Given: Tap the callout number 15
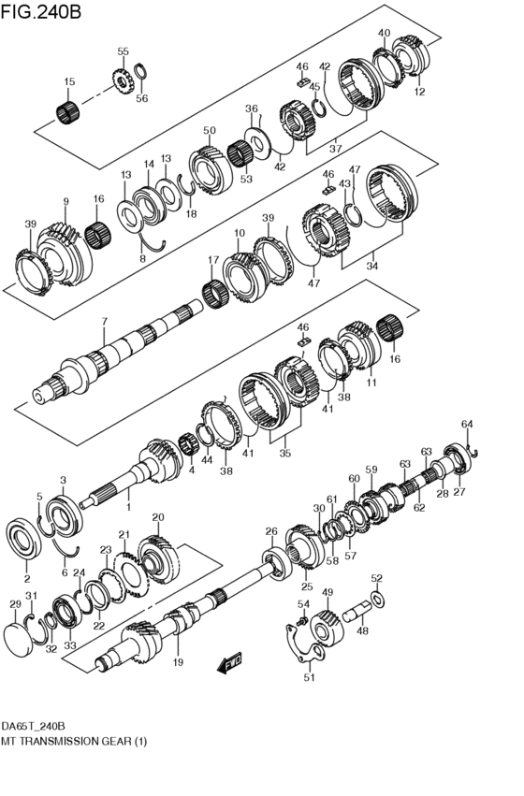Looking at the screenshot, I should coord(69,82).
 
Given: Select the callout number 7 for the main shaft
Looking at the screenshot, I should coord(105,322).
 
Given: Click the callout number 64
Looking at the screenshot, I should coord(467,424).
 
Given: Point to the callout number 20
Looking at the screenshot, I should coord(157,516).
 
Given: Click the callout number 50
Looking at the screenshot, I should coord(210,131).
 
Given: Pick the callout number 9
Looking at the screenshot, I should coord(65,201).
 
